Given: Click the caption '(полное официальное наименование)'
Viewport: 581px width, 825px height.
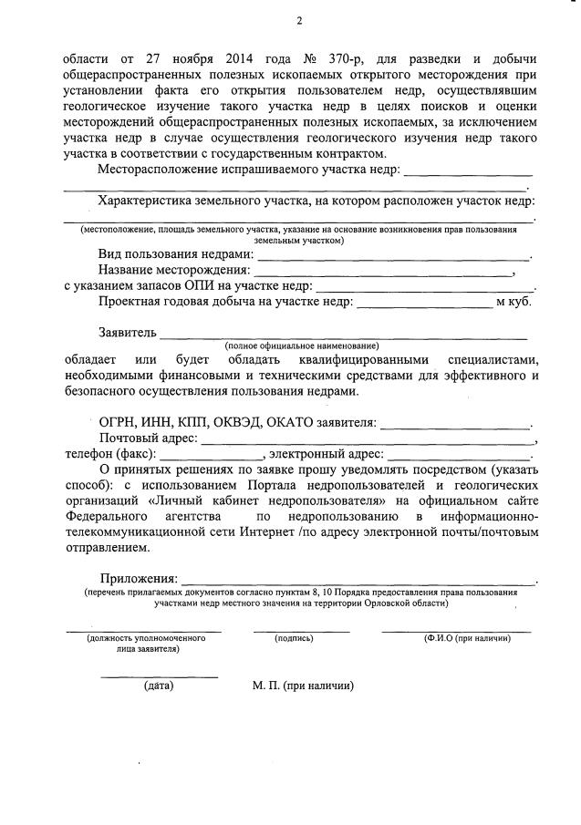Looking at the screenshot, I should tap(301, 346).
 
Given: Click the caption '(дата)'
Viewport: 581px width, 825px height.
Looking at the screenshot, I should tap(159, 686).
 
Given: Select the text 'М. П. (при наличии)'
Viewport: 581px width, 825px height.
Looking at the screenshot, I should tap(303, 686).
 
